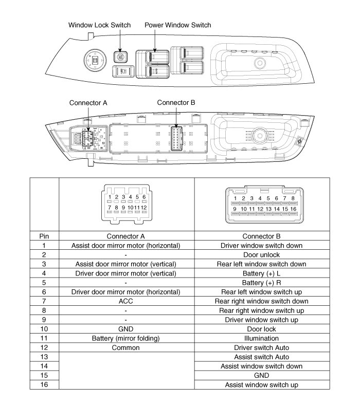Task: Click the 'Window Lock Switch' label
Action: (100, 25)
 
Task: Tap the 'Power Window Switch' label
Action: (177, 25)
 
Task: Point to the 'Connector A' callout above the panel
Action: (88, 103)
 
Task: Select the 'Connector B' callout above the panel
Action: (176, 102)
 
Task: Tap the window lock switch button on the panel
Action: (121, 57)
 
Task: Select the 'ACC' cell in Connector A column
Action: (127, 301)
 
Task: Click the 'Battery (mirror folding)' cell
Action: (127, 338)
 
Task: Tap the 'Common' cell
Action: (127, 347)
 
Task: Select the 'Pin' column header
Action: (44, 236)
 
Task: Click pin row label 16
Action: (44, 384)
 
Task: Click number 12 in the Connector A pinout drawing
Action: (143, 207)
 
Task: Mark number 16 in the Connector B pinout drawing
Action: (293, 209)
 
